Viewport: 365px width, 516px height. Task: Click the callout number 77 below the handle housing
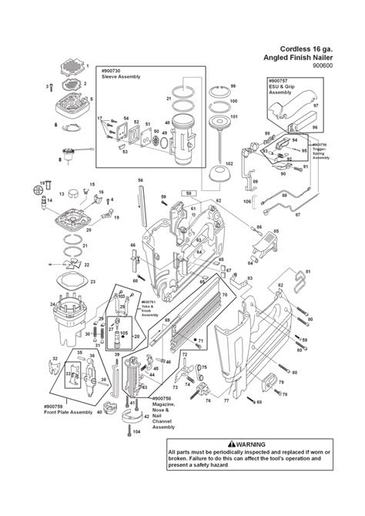226,400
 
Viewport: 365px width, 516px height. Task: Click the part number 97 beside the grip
337,106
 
